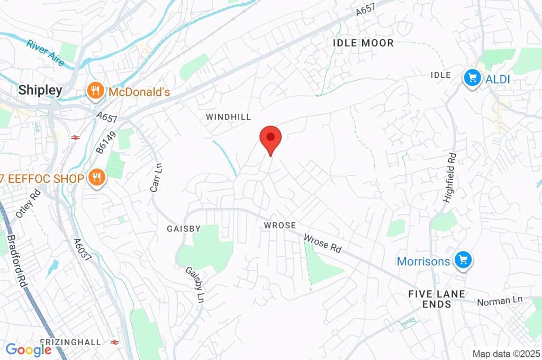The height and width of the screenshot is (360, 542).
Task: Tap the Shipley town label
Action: click(x=40, y=90)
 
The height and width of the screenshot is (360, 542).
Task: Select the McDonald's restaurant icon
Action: click(x=94, y=92)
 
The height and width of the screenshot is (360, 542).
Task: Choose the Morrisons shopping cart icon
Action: click(x=464, y=260)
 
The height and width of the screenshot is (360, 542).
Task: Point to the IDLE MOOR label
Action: click(x=363, y=43)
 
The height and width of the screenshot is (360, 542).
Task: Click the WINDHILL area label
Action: click(x=228, y=116)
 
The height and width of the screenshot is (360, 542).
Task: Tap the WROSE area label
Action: click(x=280, y=226)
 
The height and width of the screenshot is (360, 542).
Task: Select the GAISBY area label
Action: click(x=184, y=229)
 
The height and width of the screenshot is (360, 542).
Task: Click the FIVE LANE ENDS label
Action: click(x=437, y=299)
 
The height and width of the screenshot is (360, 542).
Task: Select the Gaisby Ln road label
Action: click(x=194, y=285)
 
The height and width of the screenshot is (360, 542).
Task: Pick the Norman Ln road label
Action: click(x=500, y=301)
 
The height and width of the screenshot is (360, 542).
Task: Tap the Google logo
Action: click(x=28, y=349)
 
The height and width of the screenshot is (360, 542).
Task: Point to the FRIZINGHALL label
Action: click(x=70, y=343)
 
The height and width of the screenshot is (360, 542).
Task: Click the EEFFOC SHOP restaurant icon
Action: click(x=96, y=178)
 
